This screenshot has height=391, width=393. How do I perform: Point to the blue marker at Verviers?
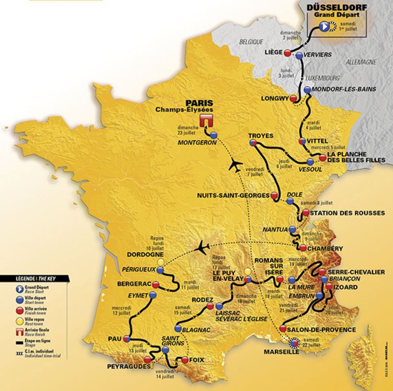(x=299, y=56)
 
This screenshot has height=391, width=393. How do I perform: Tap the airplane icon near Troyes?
(x=235, y=165)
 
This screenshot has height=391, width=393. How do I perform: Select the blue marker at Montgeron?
(x=213, y=135)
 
